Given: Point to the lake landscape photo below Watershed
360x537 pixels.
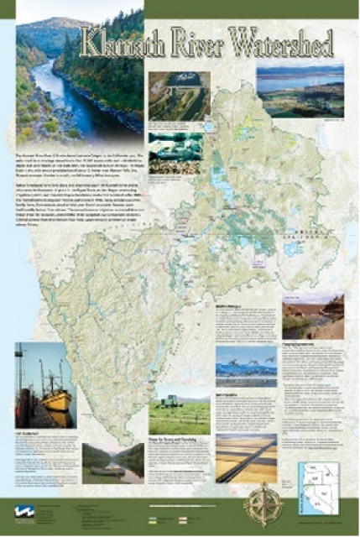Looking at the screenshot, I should tap(300, 91).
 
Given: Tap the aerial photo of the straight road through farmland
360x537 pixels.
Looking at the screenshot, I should tap(245, 457).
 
